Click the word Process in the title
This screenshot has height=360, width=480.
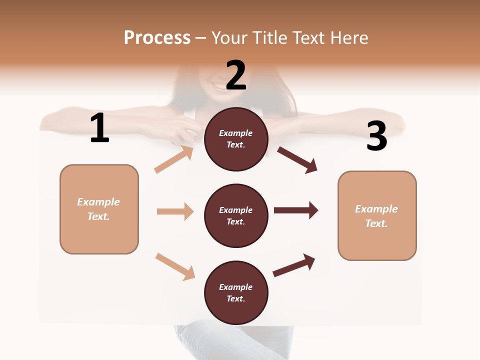click(x=157, y=38)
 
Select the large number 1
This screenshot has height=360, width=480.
click(x=99, y=128)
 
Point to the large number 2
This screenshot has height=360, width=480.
click(x=236, y=75)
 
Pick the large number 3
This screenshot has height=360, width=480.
click(x=376, y=136)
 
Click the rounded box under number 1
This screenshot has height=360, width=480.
click(x=99, y=209)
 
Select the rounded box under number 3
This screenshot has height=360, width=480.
click(x=377, y=215)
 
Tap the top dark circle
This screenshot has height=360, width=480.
click(x=236, y=139)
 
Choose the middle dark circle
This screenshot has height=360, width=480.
click(x=236, y=215)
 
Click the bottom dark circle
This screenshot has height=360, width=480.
click(x=236, y=292)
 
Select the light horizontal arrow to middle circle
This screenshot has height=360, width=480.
click(x=175, y=211)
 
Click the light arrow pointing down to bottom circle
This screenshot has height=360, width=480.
click(x=175, y=266)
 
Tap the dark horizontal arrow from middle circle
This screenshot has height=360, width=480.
click(x=296, y=210)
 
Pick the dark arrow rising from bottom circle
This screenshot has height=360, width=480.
click(x=294, y=265)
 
